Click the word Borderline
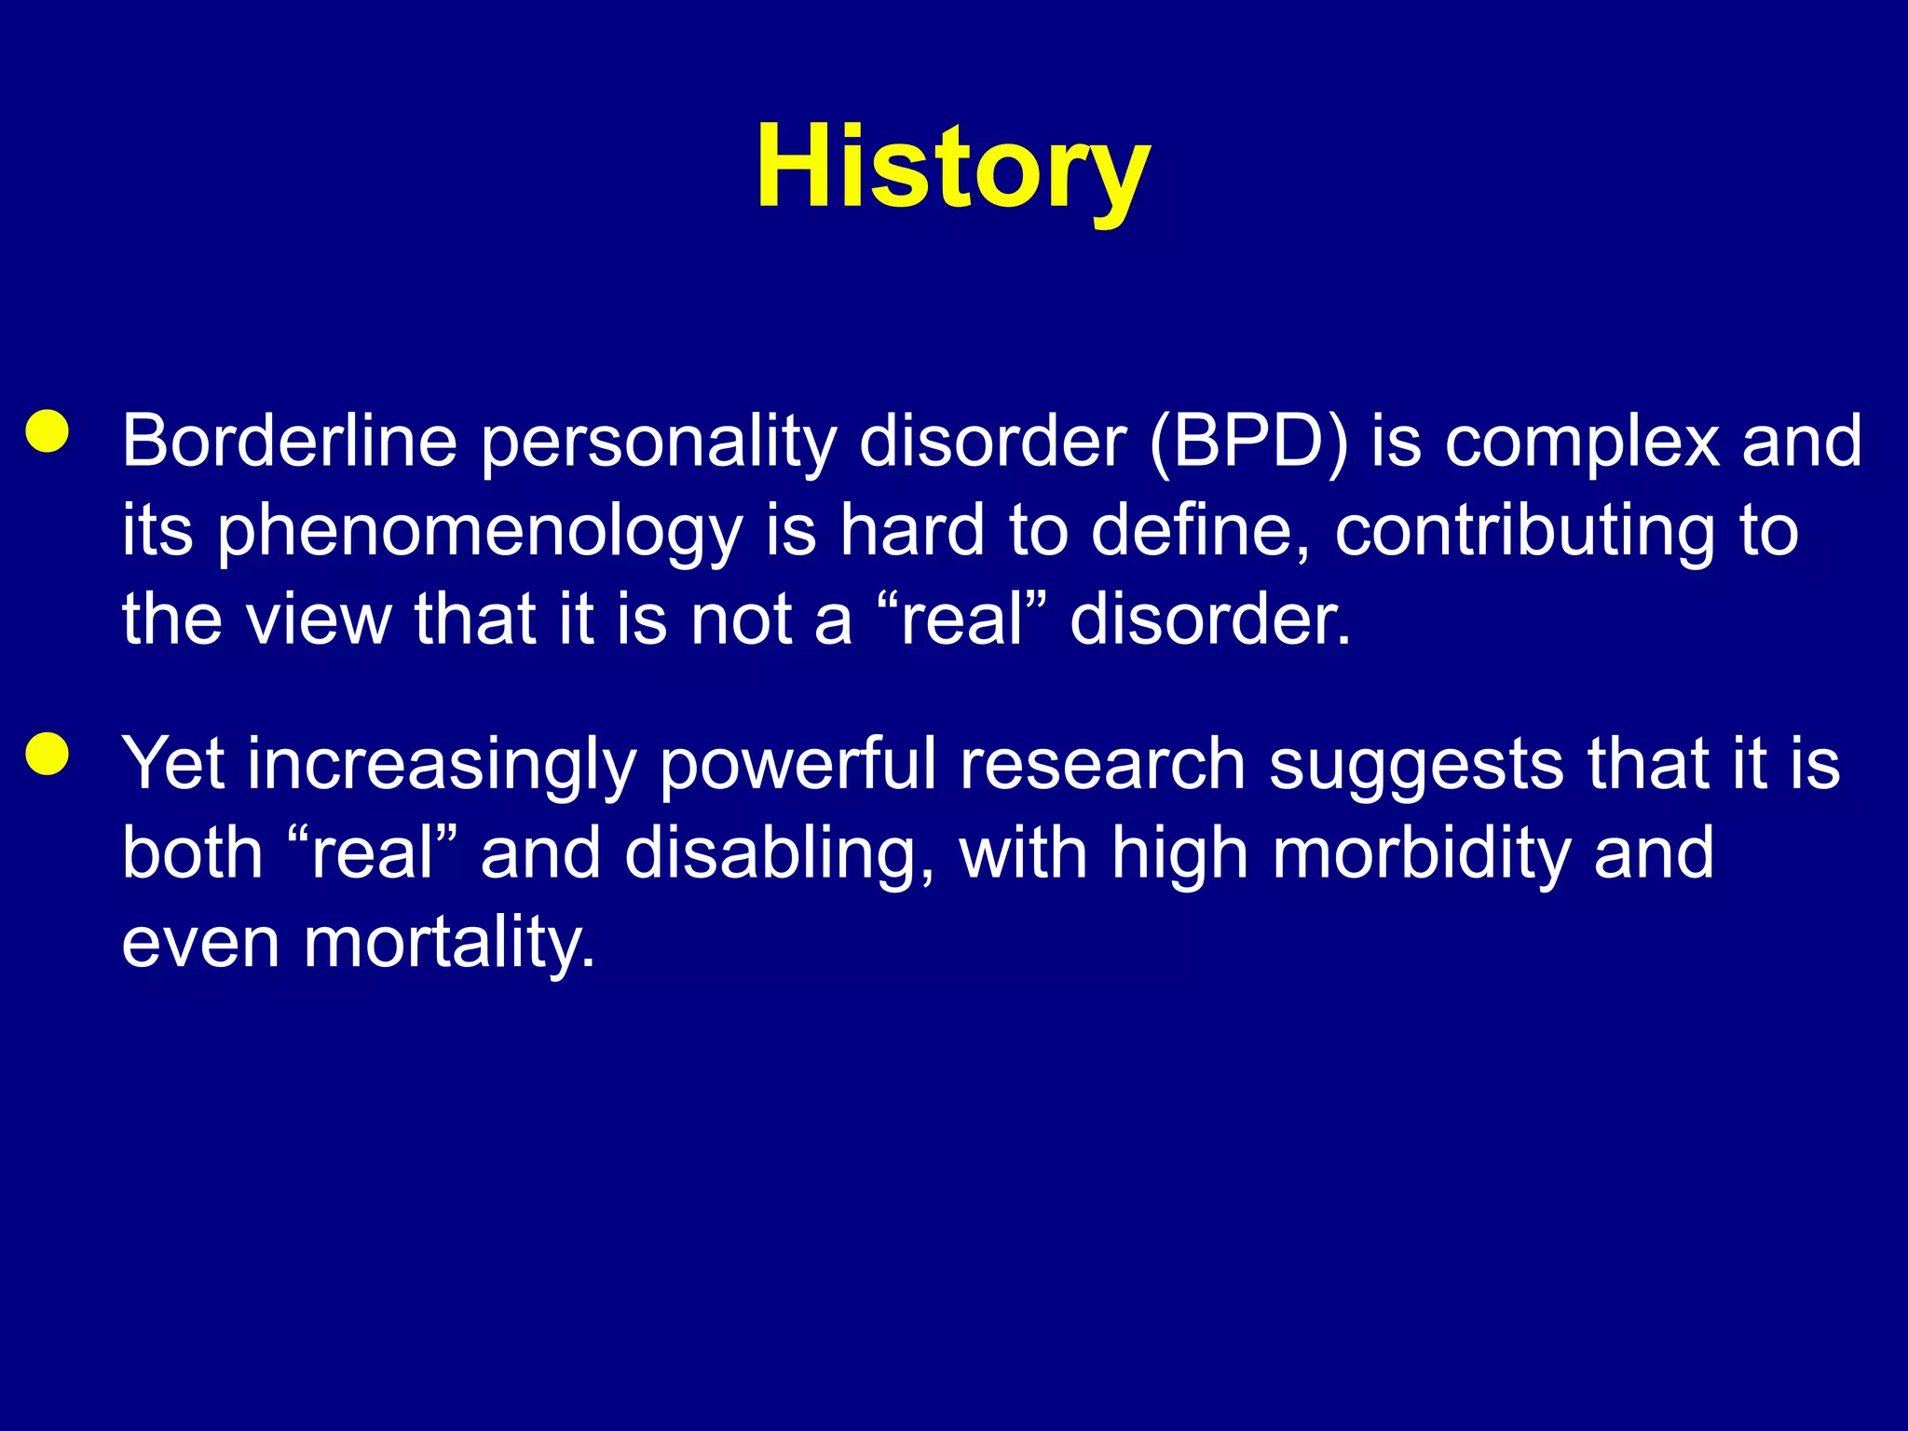290,441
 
